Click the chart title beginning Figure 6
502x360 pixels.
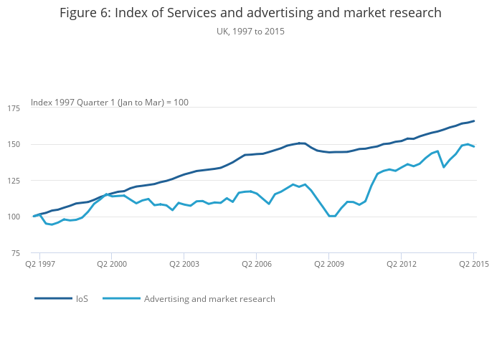point(250,13)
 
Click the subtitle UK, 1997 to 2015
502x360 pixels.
point(250,31)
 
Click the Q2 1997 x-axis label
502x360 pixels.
point(39,264)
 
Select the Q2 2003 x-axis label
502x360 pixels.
point(184,264)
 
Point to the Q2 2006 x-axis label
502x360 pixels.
point(256,264)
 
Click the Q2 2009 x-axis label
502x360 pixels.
point(328,264)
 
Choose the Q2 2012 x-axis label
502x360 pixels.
point(401,264)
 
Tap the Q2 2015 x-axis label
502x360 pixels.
point(473,264)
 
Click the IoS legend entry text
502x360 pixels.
point(82,298)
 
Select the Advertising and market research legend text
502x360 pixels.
point(209,298)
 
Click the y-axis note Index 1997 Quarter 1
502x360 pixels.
point(110,103)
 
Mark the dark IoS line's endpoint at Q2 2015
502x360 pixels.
point(474,121)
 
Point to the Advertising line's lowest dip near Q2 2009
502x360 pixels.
point(331,216)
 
